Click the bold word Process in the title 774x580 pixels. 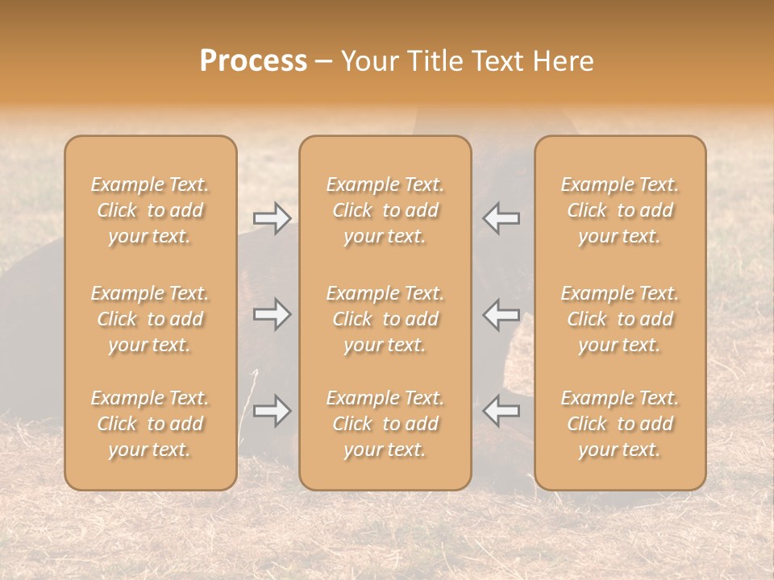coord(253,61)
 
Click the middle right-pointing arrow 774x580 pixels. coord(273,314)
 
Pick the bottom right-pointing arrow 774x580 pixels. coord(273,411)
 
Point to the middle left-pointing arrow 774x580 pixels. coord(501,314)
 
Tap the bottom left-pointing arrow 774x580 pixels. coord(501,411)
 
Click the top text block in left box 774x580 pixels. coord(150,210)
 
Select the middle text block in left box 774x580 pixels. coord(150,319)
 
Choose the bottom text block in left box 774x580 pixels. coord(150,424)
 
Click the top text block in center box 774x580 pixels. coord(385,210)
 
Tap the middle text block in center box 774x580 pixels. coord(385,319)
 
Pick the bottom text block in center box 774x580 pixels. coord(385,424)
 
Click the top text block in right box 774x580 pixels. coord(620,210)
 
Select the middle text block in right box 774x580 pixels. coord(620,319)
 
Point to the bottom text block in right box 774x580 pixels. coord(620,424)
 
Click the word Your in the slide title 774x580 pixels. coord(368,61)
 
